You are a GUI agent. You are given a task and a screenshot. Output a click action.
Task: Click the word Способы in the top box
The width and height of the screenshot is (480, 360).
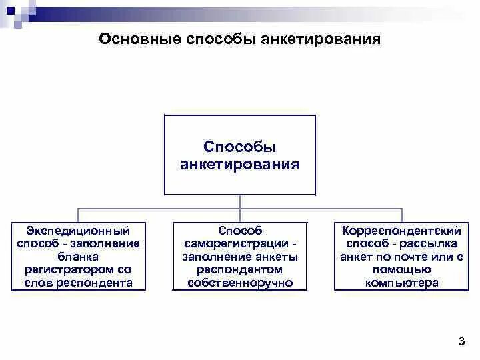(240, 147)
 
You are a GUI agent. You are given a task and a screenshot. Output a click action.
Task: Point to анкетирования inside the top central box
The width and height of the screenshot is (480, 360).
(240, 164)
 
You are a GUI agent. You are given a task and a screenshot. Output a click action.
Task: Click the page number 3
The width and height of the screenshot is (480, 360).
(462, 342)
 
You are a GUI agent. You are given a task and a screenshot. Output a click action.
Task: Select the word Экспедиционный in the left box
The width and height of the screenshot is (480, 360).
(78, 230)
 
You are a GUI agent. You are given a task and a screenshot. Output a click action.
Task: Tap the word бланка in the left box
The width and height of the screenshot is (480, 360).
(78, 257)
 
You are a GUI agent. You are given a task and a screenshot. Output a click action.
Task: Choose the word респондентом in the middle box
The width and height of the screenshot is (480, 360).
(240, 270)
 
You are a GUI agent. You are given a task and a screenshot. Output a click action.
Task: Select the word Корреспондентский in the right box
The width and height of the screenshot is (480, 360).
(401, 230)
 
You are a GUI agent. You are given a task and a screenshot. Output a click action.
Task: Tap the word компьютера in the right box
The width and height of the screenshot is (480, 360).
(401, 283)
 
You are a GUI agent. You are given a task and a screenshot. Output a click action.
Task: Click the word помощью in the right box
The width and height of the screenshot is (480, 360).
(401, 270)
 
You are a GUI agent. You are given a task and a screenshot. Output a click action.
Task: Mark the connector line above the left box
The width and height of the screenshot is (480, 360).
(78, 214)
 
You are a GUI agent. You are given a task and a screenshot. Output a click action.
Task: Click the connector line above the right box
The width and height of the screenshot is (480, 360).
(402, 214)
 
